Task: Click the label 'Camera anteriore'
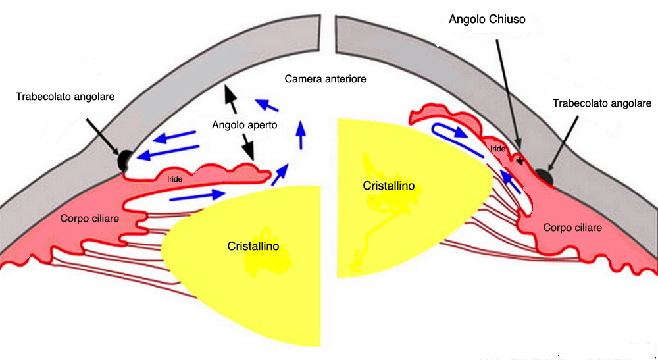pos(325,79)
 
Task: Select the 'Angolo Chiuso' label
pos(487,20)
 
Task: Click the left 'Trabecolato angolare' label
pos(66,97)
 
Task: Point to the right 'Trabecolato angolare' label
pos(602,103)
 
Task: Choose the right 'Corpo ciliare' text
pos(572,227)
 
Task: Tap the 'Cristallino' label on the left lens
pos(253,246)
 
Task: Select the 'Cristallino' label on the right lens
pos(389,186)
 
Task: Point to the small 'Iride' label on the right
pos(498,149)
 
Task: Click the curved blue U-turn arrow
pos(454,131)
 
